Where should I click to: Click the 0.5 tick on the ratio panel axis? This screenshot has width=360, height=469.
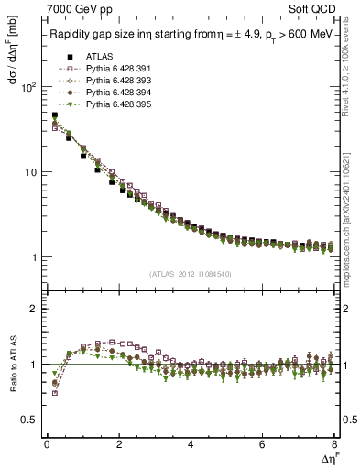tap(30, 420)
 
